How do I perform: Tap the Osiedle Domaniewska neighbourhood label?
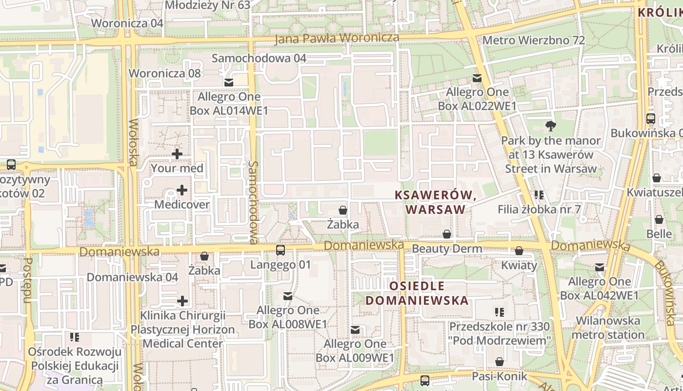[417, 293]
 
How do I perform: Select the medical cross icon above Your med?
[177, 154]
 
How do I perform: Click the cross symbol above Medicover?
[182, 190]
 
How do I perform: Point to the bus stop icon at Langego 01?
[281, 250]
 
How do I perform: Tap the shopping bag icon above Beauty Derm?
[446, 234]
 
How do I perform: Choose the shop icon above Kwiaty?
[519, 251]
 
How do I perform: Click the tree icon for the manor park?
[551, 126]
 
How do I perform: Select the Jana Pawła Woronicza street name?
[337, 38]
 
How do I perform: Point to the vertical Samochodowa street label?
[253, 202]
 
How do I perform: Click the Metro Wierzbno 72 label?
[533, 40]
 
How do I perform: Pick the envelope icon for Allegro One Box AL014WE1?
[228, 82]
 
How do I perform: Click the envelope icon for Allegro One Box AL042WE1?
[599, 267]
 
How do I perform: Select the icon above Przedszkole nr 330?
[499, 312]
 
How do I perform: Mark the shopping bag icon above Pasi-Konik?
[499, 362]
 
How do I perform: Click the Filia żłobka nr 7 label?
[539, 210]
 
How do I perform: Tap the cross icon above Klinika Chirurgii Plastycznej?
[182, 301]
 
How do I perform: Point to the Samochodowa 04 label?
[259, 59]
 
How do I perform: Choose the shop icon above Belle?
[659, 219]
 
